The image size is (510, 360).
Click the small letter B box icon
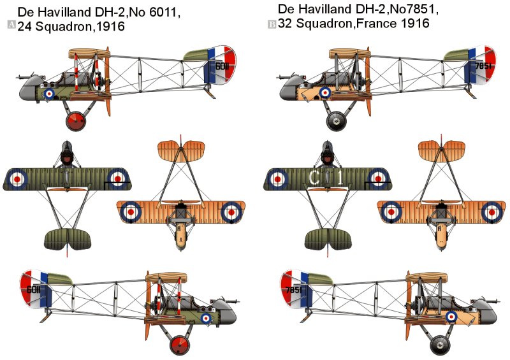272,24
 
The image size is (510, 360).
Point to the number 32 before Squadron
285,23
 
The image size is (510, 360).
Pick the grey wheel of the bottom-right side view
439,346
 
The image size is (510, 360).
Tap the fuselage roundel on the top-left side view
50,93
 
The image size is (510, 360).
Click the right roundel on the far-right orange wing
492,211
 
